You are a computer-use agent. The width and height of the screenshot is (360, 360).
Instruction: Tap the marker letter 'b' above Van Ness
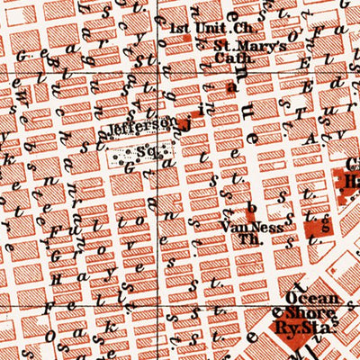[249, 207]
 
